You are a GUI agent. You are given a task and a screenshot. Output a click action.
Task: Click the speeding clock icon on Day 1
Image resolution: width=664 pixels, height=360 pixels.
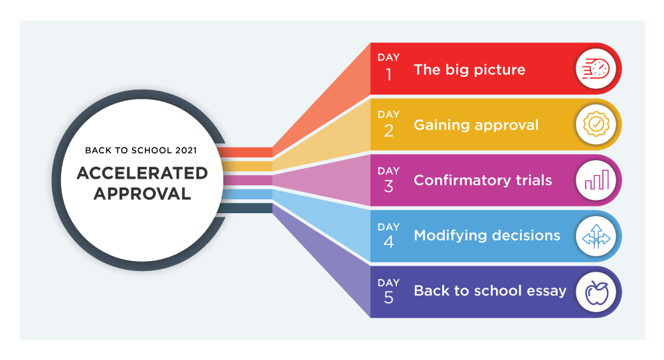click(596, 68)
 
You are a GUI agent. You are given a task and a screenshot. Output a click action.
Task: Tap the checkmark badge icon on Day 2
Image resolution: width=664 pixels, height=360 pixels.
click(596, 124)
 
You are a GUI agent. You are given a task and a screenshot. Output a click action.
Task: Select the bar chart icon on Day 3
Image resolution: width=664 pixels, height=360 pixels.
click(597, 179)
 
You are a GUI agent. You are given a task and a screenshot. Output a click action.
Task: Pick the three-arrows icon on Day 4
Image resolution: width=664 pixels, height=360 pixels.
click(596, 236)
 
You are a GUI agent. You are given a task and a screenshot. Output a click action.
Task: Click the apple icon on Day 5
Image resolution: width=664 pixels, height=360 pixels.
click(597, 292)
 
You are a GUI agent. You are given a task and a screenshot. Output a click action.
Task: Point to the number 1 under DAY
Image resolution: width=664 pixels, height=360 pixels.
click(388, 75)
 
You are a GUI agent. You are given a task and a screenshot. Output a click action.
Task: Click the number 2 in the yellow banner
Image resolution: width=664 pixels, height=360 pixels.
click(388, 131)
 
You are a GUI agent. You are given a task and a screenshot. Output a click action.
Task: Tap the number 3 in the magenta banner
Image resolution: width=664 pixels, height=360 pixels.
click(388, 187)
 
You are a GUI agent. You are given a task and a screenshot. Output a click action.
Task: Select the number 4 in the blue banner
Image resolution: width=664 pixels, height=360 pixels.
click(388, 242)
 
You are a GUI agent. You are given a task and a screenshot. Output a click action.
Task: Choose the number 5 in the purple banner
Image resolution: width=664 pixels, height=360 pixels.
click(388, 298)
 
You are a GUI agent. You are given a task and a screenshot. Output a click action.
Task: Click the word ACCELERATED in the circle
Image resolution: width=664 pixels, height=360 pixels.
click(142, 173)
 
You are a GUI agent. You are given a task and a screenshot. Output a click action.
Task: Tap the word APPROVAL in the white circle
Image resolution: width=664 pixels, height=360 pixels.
click(142, 193)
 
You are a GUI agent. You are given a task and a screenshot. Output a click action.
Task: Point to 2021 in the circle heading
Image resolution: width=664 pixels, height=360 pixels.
click(187, 150)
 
